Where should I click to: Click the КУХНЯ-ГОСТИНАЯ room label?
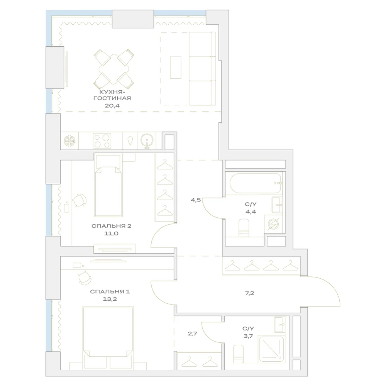(112, 95)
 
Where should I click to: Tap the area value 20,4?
(112, 106)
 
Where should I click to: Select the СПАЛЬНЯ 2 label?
(111, 226)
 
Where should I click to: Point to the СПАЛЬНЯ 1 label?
(110, 292)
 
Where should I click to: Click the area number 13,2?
(110, 300)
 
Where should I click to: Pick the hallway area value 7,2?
(249, 293)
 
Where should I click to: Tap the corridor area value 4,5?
(196, 200)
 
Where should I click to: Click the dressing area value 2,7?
(192, 334)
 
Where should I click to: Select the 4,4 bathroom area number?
(251, 212)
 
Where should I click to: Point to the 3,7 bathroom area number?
(248, 336)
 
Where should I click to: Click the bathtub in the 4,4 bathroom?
(256, 183)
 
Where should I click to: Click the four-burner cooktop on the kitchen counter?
(102, 141)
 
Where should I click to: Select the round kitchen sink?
(147, 141)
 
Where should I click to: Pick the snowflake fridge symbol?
(69, 141)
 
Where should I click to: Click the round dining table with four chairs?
(114, 69)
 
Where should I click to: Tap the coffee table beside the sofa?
(176, 68)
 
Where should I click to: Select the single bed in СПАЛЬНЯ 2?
(108, 186)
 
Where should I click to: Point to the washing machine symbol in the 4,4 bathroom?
(273, 224)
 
